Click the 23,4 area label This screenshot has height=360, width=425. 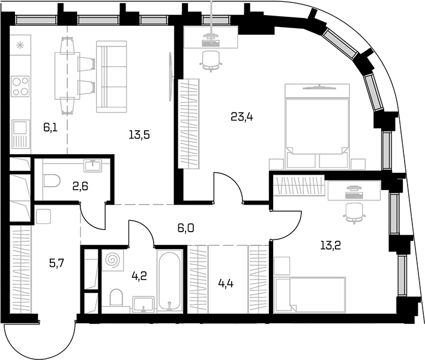(x=242, y=117)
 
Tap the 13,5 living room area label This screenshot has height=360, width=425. (x=139, y=134)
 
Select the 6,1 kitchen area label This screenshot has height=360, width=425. (x=50, y=127)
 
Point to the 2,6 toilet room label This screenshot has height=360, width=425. (x=80, y=187)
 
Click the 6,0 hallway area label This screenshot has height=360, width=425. (x=185, y=229)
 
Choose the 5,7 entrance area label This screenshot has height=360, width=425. (x=56, y=263)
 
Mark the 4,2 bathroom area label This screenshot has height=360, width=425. (x=139, y=276)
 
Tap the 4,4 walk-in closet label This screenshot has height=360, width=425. (x=226, y=284)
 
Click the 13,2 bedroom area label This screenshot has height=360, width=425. (x=330, y=245)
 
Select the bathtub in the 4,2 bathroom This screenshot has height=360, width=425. (x=169, y=281)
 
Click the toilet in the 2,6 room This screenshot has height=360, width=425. (x=52, y=181)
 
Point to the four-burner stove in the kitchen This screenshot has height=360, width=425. (x=20, y=86)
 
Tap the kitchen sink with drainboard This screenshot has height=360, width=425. (x=20, y=134)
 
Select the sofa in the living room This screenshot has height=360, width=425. (x=112, y=77)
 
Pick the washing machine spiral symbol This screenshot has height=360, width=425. (x=112, y=260)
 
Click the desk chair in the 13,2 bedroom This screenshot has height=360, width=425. (x=354, y=213)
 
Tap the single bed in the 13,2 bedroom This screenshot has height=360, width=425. (x=310, y=295)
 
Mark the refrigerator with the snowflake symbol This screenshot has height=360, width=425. (x=20, y=45)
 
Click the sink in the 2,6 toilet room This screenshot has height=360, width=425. (x=93, y=165)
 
